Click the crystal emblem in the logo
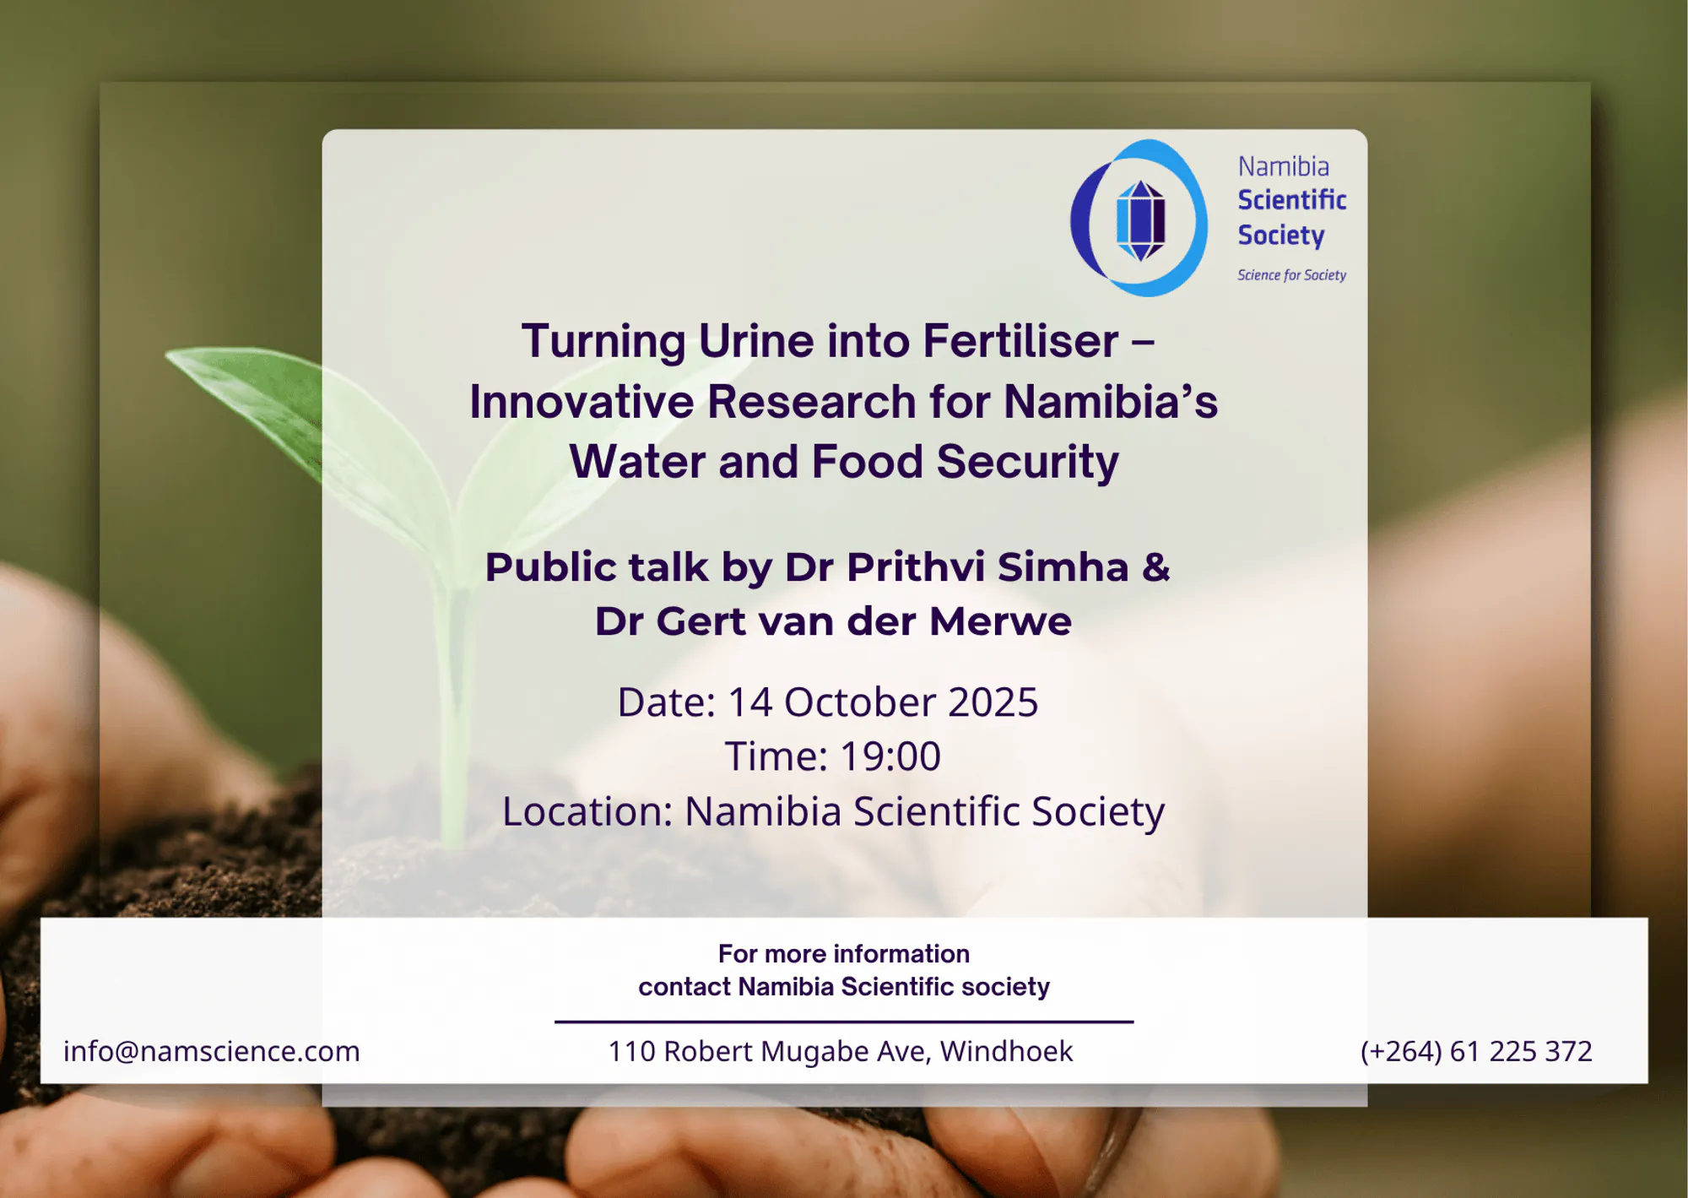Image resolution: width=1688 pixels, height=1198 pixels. coord(1140,220)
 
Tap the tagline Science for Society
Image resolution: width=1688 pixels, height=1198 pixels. coord(1291,275)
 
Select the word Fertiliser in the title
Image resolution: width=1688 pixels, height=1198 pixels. coord(1020,341)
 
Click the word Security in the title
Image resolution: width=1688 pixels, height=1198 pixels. coord(1027,463)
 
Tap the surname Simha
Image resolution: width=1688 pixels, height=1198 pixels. coord(1063,566)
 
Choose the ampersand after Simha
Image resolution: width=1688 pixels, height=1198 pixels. coord(1156,566)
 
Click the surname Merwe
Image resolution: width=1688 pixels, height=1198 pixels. coord(1000,621)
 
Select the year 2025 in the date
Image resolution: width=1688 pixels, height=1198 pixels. coord(993,702)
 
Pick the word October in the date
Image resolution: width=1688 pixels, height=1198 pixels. coord(859,702)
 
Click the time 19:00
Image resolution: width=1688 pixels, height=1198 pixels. coord(890,756)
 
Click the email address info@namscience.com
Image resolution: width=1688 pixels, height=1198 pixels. coord(212,1051)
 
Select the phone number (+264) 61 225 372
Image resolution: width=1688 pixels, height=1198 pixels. coord(1476,1051)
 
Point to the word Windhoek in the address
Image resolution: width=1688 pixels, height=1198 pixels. coord(1006,1051)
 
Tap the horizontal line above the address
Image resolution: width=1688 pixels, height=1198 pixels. coord(844,1022)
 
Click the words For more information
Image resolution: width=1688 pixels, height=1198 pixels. coord(844,954)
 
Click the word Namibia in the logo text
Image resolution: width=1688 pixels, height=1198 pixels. coord(1284,166)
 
